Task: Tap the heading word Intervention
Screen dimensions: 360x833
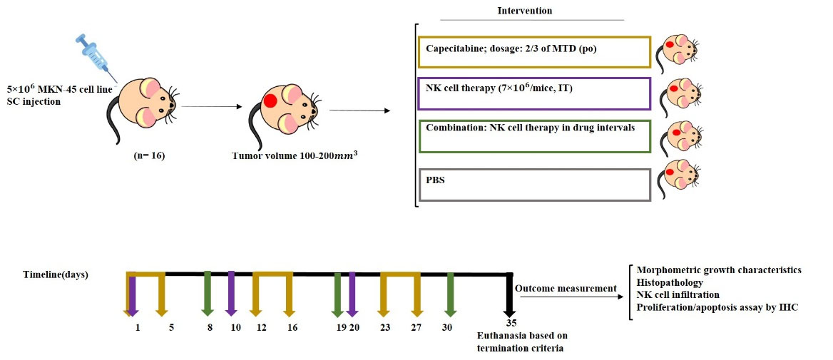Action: (x=524, y=11)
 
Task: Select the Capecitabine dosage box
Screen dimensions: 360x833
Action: (x=533, y=52)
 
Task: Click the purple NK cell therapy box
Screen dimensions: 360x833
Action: (x=533, y=93)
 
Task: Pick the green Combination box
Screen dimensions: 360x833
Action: (x=533, y=135)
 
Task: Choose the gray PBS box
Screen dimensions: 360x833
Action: (x=533, y=185)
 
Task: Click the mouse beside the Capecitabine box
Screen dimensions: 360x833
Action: (x=678, y=52)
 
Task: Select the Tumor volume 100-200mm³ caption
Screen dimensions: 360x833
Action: (x=295, y=155)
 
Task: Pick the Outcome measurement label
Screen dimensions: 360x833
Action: (x=566, y=288)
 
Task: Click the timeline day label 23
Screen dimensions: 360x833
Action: (x=385, y=327)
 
